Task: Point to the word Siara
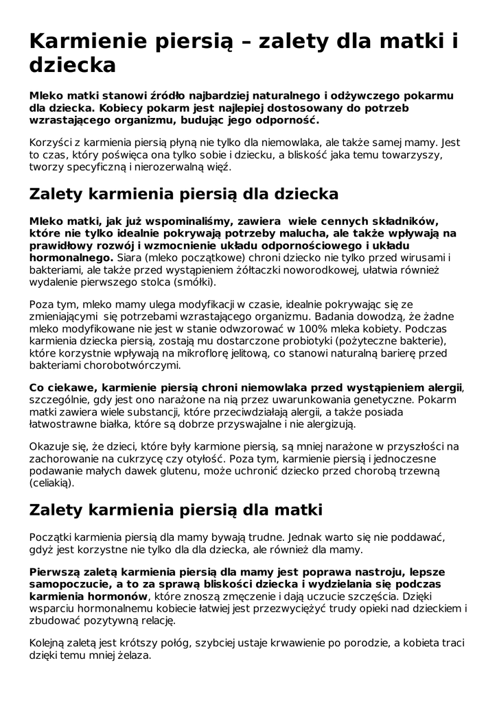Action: coord(132,258)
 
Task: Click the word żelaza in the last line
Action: coord(134,655)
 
